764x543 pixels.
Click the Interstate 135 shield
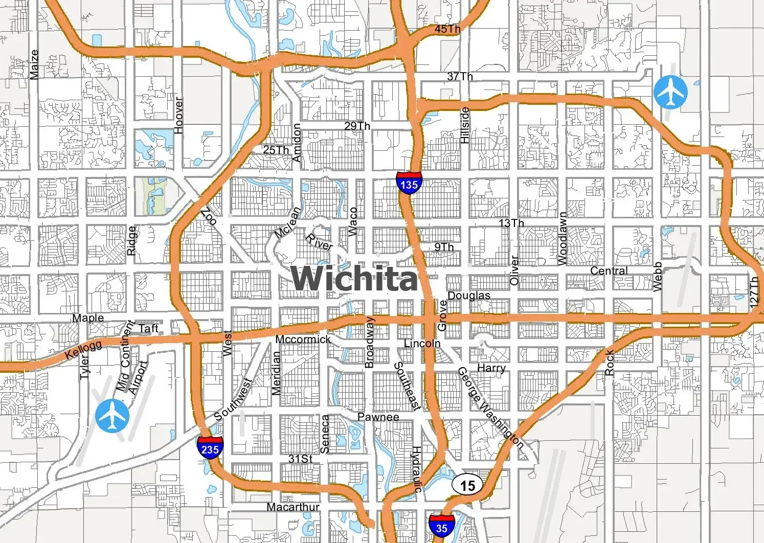(409, 183)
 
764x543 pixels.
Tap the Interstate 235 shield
(210, 448)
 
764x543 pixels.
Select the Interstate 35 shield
(441, 527)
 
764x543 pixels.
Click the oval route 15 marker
(467, 485)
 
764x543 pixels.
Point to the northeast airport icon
(670, 93)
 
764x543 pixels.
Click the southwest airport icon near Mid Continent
(113, 416)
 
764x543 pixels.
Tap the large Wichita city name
(354, 279)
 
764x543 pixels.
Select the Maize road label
(34, 64)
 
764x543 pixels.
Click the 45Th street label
(447, 29)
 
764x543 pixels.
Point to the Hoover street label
(178, 116)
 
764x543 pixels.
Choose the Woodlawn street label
(563, 239)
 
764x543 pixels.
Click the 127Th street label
(754, 292)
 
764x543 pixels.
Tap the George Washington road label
(490, 408)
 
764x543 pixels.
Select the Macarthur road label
(293, 507)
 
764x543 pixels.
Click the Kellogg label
(83, 350)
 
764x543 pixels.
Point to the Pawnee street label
(378, 417)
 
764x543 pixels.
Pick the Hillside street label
(465, 125)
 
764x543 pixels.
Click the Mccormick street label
(303, 340)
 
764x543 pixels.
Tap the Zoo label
(209, 217)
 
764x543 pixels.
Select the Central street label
(609, 270)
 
